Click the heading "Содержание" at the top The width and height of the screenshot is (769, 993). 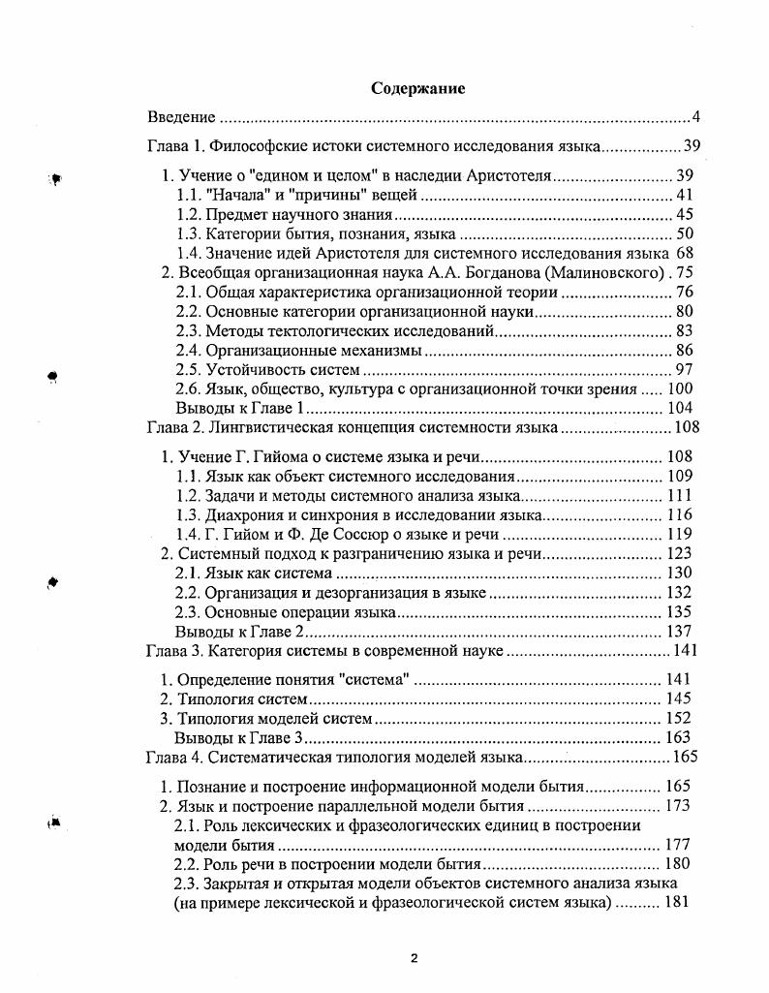(418, 88)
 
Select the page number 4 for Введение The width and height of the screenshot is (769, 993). (695, 118)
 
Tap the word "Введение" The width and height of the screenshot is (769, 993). (181, 118)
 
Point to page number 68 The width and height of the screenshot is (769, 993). (687, 254)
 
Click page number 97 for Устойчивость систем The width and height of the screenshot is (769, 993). (687, 370)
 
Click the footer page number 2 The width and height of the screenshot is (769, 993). (414, 959)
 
